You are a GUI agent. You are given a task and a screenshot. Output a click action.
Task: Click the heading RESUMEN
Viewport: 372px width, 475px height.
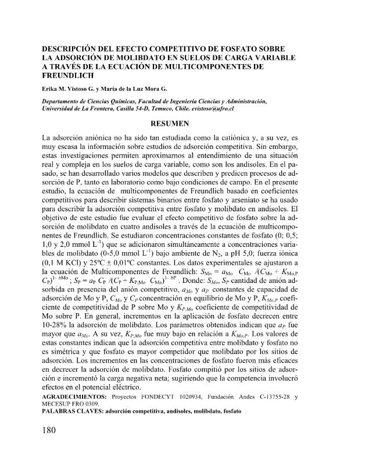pyautogui.click(x=170, y=123)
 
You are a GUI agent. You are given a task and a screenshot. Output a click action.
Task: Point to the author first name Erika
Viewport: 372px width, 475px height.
pyautogui.click(x=51, y=88)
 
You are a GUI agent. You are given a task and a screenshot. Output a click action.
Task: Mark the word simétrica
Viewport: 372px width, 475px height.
pyautogui.click(x=66, y=355)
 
